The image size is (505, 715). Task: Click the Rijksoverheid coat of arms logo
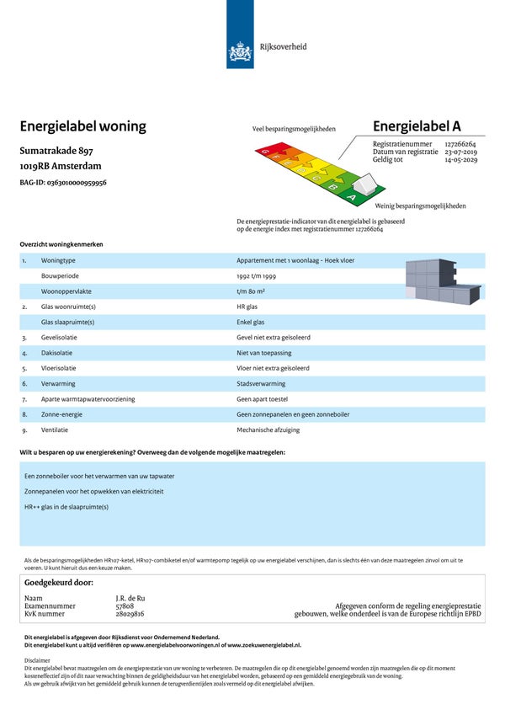pyautogui.click(x=241, y=53)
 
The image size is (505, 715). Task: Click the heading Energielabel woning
pyautogui.click(x=82, y=126)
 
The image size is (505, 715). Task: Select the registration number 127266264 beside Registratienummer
pyautogui.click(x=460, y=144)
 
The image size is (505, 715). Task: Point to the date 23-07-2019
pyautogui.click(x=460, y=152)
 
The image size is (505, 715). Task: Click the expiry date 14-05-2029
pyautogui.click(x=460, y=159)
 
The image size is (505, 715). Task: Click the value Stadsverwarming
pyautogui.click(x=261, y=383)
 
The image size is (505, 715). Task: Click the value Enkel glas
pyautogui.click(x=251, y=322)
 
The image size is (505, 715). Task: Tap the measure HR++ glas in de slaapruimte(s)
pyautogui.click(x=66, y=507)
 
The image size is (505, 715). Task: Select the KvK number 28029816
pyautogui.click(x=130, y=614)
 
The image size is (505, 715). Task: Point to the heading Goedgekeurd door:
pyautogui.click(x=59, y=582)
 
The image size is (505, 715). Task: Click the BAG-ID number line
pyautogui.click(x=63, y=182)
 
